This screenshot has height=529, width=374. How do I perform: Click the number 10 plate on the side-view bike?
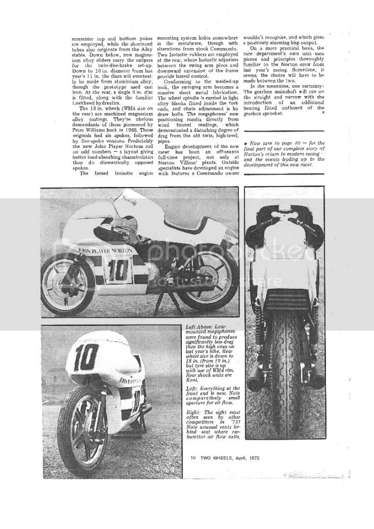coord(118,269)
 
